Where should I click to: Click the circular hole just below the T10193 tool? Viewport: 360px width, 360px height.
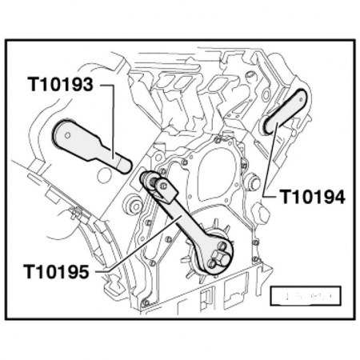(105, 172)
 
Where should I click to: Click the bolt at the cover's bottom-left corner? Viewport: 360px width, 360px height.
(146, 302)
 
